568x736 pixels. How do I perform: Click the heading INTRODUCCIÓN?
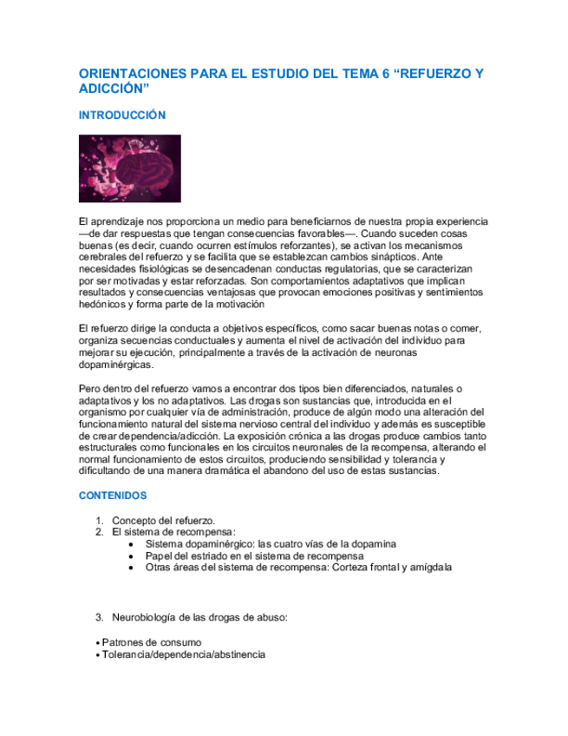coord(121,115)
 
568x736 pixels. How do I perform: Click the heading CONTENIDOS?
coord(113,496)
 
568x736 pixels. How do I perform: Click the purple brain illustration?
coord(130,168)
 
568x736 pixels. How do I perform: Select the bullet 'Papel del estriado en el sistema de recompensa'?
coord(255,555)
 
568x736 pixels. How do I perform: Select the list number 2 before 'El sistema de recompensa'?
coord(99,531)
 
